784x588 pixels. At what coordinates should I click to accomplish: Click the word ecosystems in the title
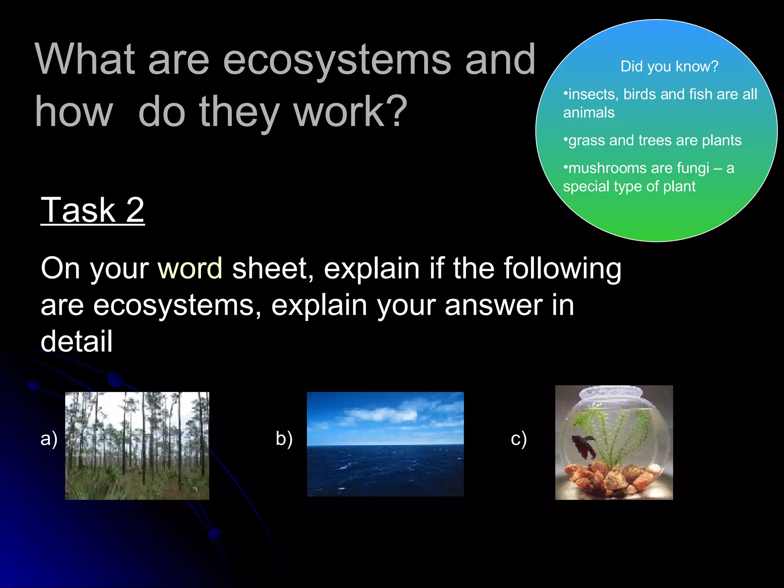click(337, 60)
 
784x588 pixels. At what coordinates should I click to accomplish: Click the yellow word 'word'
click(190, 268)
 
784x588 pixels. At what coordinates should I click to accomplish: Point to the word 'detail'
click(77, 341)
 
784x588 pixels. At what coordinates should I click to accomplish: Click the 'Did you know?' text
click(669, 67)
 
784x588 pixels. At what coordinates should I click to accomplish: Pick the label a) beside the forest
click(49, 438)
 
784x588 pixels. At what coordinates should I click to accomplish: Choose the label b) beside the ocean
click(284, 438)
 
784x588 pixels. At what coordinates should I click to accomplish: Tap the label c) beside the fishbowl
click(519, 438)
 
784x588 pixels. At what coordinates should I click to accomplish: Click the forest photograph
click(137, 446)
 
